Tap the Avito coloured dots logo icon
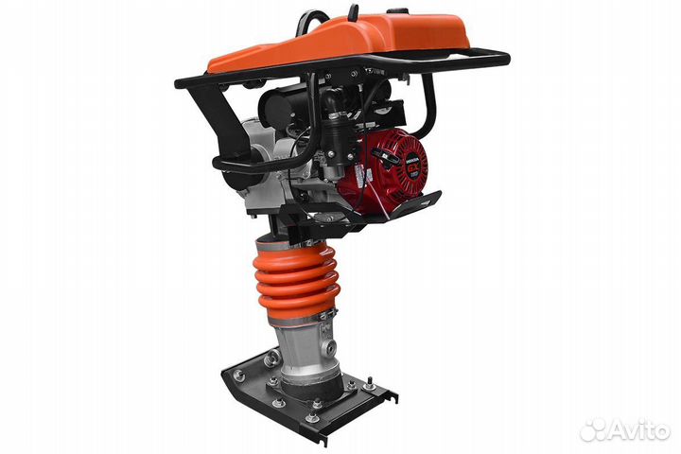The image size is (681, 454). [593, 429]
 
